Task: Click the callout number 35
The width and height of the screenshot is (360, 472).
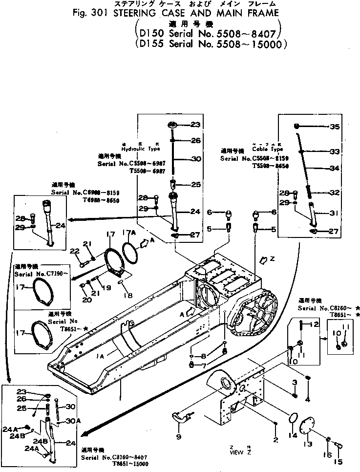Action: pyautogui.click(x=334, y=127)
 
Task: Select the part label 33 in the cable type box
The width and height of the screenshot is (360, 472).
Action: pyautogui.click(x=334, y=151)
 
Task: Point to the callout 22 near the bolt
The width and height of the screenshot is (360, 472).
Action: pyautogui.click(x=74, y=251)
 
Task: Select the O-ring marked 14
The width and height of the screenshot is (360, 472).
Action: pyautogui.click(x=292, y=418)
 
